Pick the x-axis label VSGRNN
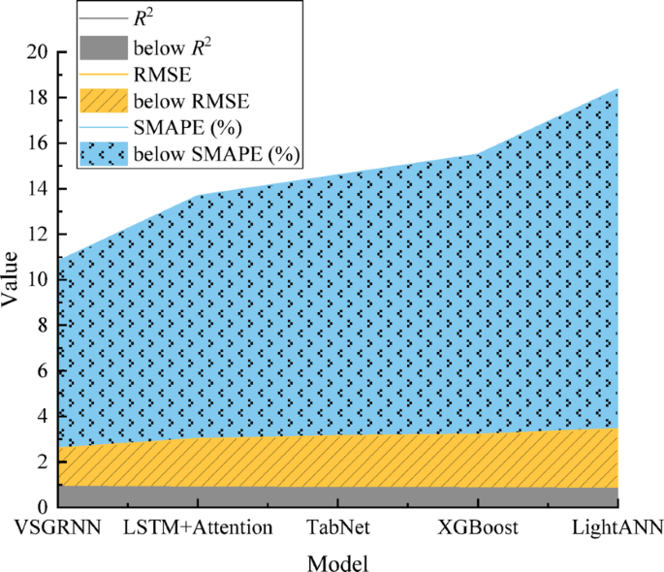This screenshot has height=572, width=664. (58, 529)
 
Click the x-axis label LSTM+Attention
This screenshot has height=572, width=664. (198, 529)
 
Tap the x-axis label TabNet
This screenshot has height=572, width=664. (337, 529)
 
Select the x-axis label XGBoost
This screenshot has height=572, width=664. (477, 529)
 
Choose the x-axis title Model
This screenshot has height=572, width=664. (337, 562)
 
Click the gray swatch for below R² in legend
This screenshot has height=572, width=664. (102, 45)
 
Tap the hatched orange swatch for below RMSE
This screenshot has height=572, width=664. (102, 99)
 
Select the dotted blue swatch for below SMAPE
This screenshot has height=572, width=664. (102, 154)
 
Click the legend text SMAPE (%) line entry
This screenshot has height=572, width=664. (187, 127)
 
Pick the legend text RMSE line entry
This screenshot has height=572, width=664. (160, 72)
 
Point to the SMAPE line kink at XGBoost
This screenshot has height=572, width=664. (477, 154)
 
